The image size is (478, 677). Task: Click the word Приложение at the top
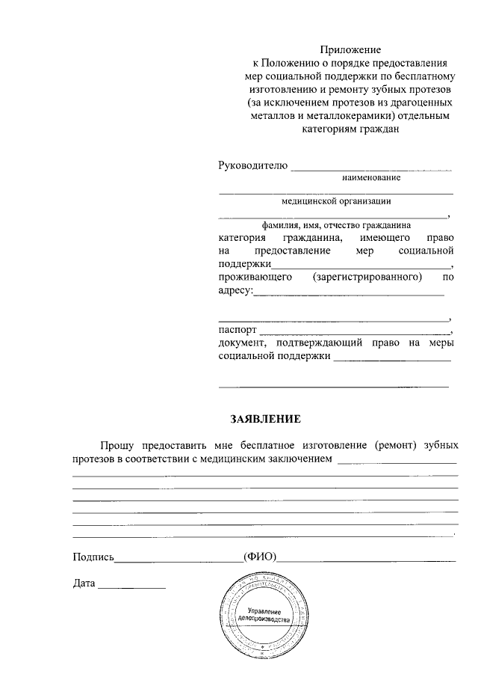350,49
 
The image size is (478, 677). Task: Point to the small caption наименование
371,178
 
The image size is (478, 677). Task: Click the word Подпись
93,557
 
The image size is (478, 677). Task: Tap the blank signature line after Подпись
179,560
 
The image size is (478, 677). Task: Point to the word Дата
84,583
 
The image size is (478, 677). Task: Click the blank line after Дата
132,586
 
